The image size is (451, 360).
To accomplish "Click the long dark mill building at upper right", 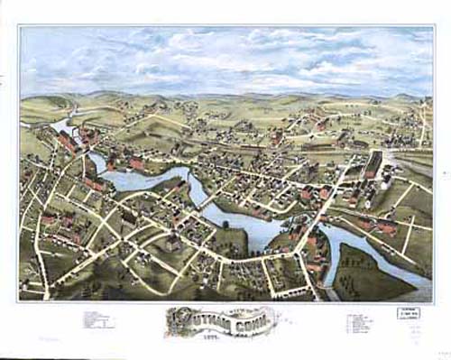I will (x=372, y=165).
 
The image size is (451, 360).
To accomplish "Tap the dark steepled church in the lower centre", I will (x=172, y=242).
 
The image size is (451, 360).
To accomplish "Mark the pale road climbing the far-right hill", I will (x=422, y=126).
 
